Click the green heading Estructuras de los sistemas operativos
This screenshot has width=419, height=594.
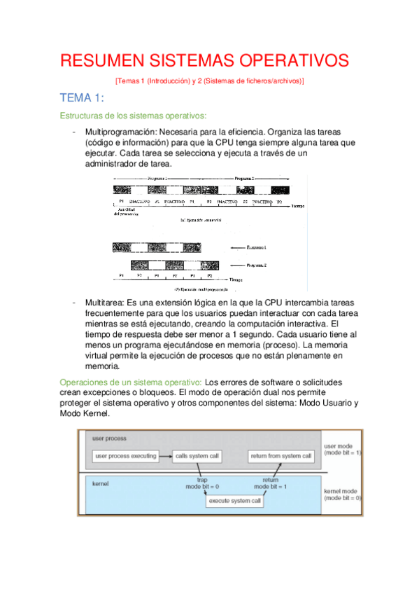(x=133, y=116)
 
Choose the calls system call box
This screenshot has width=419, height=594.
(x=197, y=457)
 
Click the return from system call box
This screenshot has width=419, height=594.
(x=280, y=457)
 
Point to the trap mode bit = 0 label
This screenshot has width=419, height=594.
(x=201, y=483)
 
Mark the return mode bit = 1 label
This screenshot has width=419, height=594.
(x=270, y=483)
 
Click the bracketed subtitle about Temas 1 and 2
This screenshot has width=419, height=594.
(x=209, y=81)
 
